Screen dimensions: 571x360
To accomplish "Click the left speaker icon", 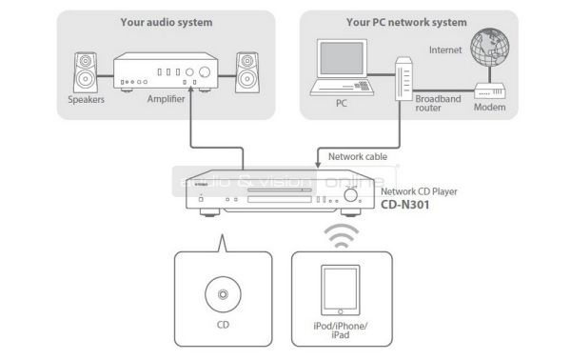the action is click(86, 72).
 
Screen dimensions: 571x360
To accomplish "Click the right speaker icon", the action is click(247, 72).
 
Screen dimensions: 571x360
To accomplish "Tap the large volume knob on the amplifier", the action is click(205, 72).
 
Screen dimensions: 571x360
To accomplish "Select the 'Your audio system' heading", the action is click(167, 22).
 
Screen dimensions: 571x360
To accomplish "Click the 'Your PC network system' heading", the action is click(406, 22).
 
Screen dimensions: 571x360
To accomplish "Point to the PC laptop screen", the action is click(342, 59).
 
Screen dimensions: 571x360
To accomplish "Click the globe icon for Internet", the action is click(489, 47).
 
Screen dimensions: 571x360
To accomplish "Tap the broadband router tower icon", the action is click(404, 78).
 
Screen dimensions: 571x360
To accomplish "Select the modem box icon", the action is click(490, 91).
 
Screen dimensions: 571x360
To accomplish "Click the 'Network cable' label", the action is click(358, 157).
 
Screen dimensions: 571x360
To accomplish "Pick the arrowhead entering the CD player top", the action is click(318, 165).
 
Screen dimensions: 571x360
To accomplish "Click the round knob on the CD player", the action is click(350, 195).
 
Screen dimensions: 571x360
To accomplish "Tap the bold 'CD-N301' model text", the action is click(405, 205).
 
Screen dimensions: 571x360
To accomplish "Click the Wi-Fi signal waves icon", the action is click(342, 236).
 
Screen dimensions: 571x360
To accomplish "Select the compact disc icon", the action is click(223, 294).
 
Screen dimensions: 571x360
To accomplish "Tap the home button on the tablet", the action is click(340, 311).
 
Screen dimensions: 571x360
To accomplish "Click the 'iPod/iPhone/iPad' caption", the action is click(341, 330).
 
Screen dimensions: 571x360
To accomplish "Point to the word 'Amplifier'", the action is click(166, 99).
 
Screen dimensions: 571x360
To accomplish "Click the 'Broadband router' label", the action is click(438, 104).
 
